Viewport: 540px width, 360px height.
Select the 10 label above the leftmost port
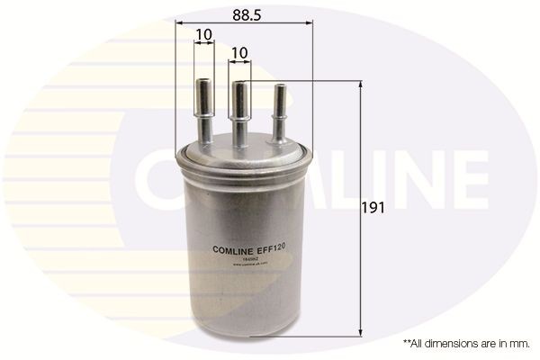tap(203, 35)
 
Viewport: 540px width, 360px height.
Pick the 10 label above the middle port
tap(239, 55)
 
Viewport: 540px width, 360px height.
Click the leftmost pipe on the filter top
tap(203, 112)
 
